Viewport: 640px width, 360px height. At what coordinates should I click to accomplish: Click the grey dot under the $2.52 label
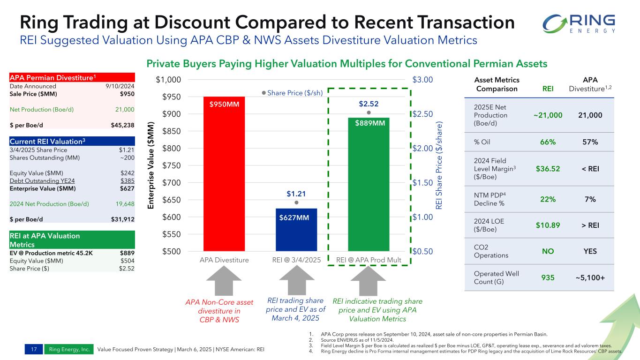[369, 113]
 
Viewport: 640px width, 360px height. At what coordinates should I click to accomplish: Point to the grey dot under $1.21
[296, 202]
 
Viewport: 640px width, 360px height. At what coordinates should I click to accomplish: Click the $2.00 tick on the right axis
[423, 148]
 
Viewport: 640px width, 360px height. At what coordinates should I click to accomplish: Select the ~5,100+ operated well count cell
[590, 278]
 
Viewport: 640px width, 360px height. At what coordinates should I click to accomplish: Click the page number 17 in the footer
[34, 349]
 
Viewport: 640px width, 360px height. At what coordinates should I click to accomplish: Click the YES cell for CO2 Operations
[590, 251]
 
